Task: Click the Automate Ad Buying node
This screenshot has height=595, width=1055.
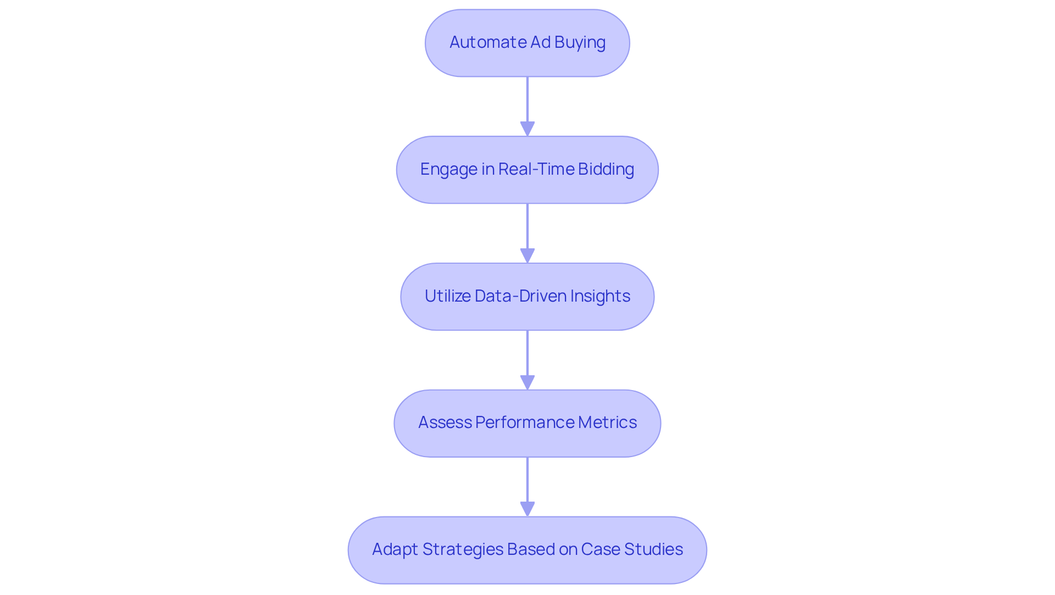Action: [527, 43]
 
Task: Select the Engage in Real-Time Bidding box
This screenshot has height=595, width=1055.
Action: [527, 170]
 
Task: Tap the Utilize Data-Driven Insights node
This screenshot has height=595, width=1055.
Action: [527, 297]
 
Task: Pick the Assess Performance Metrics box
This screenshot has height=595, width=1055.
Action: [527, 423]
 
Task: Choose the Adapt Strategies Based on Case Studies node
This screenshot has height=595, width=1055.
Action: [527, 550]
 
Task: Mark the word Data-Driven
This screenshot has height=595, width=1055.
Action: [520, 296]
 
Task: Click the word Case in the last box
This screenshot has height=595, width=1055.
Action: [601, 549]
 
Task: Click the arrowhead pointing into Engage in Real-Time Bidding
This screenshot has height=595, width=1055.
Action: [527, 129]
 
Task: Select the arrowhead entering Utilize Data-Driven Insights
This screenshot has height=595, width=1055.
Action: [527, 255]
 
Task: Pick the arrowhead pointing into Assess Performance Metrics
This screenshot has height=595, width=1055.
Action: [527, 382]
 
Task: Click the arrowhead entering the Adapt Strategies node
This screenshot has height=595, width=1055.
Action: [527, 509]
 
